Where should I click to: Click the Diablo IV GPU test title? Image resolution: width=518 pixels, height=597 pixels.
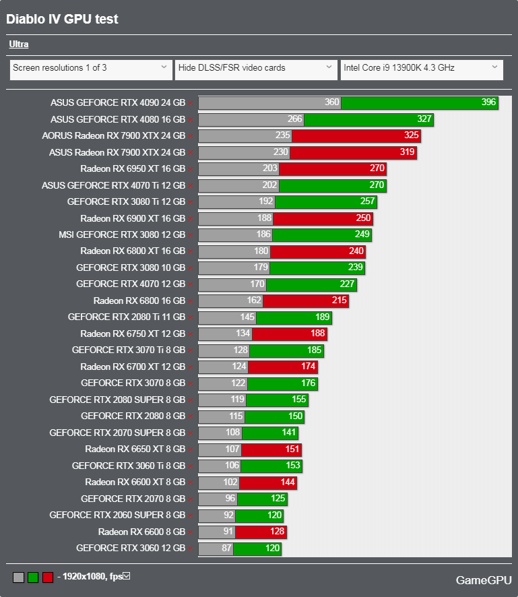(x=62, y=19)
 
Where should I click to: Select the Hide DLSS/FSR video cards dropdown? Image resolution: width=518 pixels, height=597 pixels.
(x=255, y=68)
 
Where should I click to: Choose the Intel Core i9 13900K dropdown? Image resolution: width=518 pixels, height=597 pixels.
(x=421, y=68)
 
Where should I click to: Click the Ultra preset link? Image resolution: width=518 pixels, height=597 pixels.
(x=19, y=44)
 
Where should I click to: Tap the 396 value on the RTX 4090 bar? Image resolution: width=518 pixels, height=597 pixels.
(x=488, y=103)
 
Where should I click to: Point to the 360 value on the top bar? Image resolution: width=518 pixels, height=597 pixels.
(x=331, y=103)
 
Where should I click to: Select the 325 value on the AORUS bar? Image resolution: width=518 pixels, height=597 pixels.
(x=411, y=135)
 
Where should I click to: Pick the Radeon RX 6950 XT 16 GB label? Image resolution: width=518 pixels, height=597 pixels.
(x=132, y=168)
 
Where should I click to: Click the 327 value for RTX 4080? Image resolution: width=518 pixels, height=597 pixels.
(x=424, y=119)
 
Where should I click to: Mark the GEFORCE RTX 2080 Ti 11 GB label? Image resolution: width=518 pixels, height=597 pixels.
(x=126, y=317)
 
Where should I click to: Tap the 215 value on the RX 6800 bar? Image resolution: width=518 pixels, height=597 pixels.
(x=339, y=301)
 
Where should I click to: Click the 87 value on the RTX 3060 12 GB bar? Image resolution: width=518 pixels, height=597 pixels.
(x=226, y=548)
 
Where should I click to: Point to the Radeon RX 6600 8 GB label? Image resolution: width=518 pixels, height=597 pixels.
(x=141, y=532)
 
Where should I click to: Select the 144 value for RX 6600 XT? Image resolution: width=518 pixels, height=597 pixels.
(x=288, y=482)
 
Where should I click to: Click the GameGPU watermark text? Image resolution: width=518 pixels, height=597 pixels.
(x=483, y=580)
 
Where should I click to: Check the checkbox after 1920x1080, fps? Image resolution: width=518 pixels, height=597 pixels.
(x=126, y=576)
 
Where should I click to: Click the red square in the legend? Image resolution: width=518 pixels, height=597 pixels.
(x=48, y=577)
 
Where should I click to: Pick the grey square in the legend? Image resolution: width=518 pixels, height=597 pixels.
(x=18, y=577)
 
